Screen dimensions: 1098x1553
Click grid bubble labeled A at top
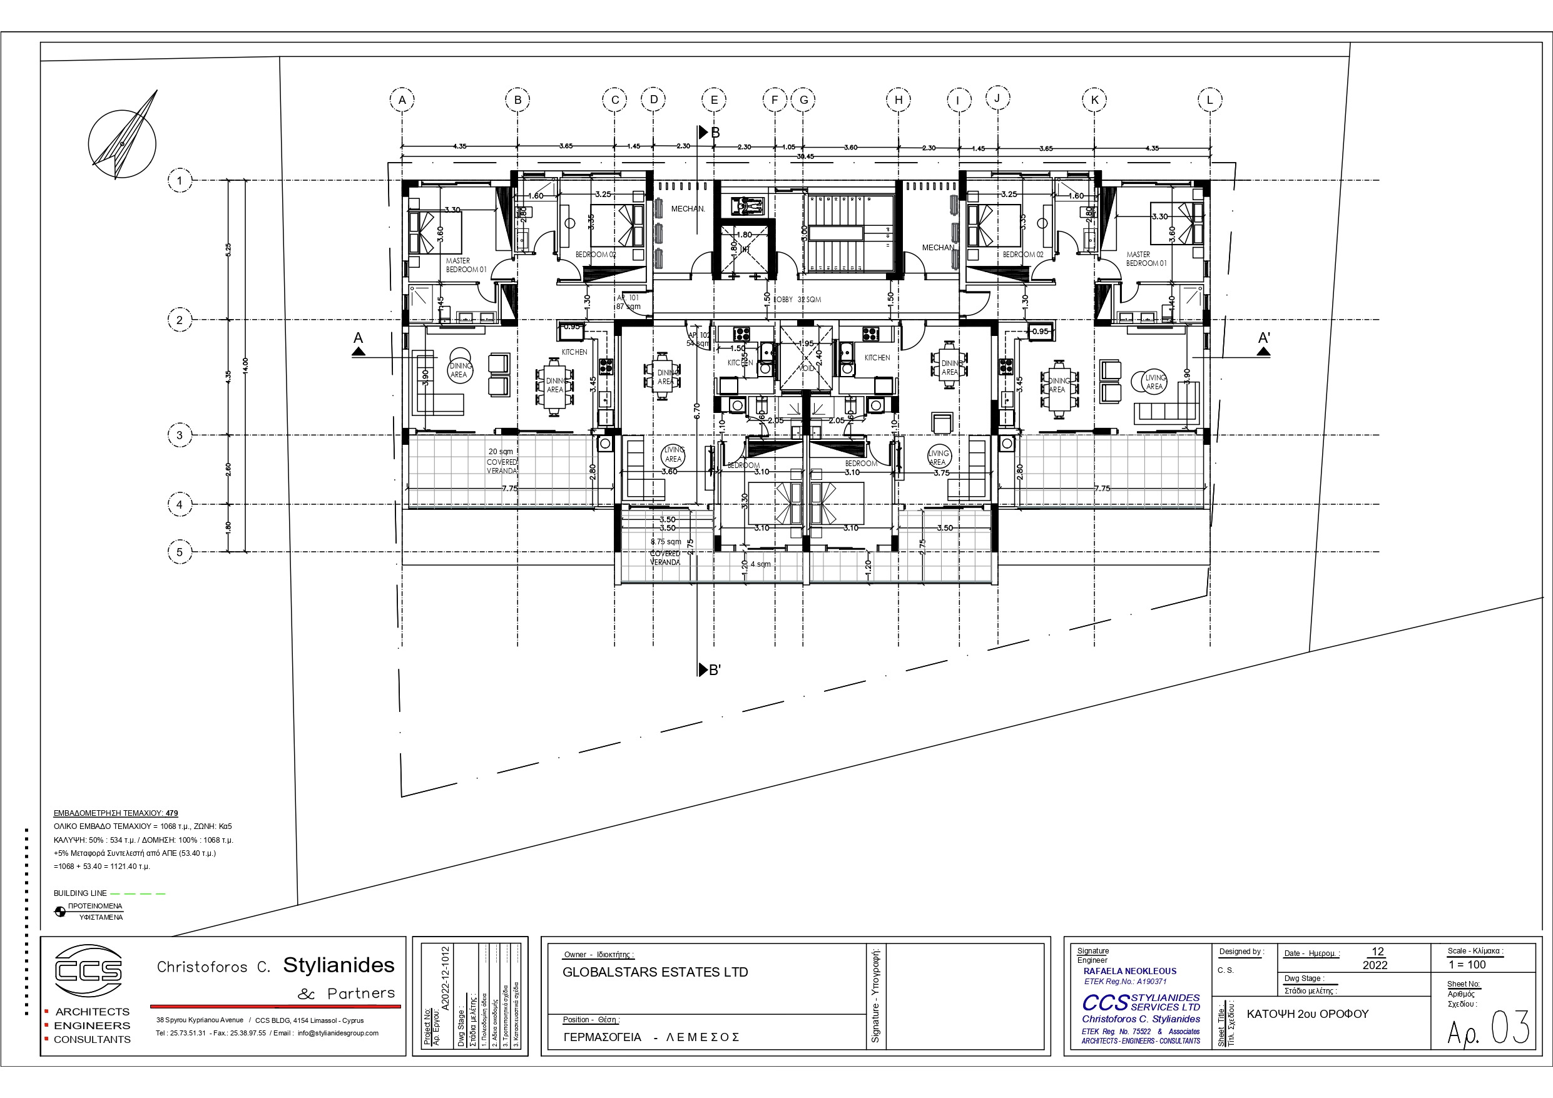point(402,100)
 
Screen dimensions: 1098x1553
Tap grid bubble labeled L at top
point(1209,100)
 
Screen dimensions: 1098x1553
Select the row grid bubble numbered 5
point(179,552)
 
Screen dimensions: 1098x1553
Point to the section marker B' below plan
point(710,670)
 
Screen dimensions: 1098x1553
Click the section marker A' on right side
point(1263,342)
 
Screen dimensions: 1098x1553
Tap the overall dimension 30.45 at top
point(805,156)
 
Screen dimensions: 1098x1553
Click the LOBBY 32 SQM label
point(798,299)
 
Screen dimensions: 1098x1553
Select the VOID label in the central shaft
point(807,369)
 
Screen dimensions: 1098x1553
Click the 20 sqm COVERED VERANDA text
point(502,461)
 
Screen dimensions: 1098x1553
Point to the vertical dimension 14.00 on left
point(245,365)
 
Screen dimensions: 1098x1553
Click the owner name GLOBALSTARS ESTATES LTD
point(654,972)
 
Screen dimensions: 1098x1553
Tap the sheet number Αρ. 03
point(1487,1029)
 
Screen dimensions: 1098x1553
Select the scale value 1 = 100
point(1467,965)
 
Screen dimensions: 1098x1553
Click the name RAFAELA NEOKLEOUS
point(1129,971)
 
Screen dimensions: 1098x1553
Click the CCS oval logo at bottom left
point(88,971)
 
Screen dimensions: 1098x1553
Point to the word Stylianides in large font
point(339,965)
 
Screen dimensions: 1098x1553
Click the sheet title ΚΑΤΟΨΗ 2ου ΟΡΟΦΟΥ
point(1307,1014)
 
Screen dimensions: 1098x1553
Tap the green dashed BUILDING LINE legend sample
point(138,893)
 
